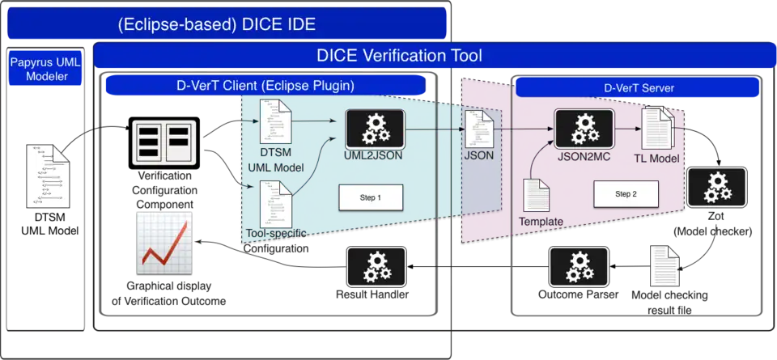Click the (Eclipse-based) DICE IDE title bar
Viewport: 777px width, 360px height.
coord(227,23)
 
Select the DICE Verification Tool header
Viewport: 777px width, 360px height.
coord(399,56)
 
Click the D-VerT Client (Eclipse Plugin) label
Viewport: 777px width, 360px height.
coord(265,84)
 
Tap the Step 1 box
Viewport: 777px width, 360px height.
coord(370,197)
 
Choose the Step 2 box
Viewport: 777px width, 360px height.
coord(626,194)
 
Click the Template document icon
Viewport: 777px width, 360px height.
coord(538,197)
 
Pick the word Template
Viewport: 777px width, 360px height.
coord(541,221)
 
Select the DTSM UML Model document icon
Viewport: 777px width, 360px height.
coord(274,120)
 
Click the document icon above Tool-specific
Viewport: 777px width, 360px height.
coord(274,202)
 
